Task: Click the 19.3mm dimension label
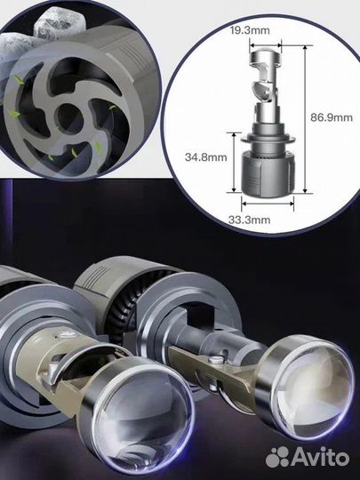pos(250,30)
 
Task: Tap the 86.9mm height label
pos(332,117)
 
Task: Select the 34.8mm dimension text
pos(206,157)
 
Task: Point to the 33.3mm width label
pos(250,220)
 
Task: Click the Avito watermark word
pos(321,457)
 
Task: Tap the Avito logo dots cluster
pos(277,457)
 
